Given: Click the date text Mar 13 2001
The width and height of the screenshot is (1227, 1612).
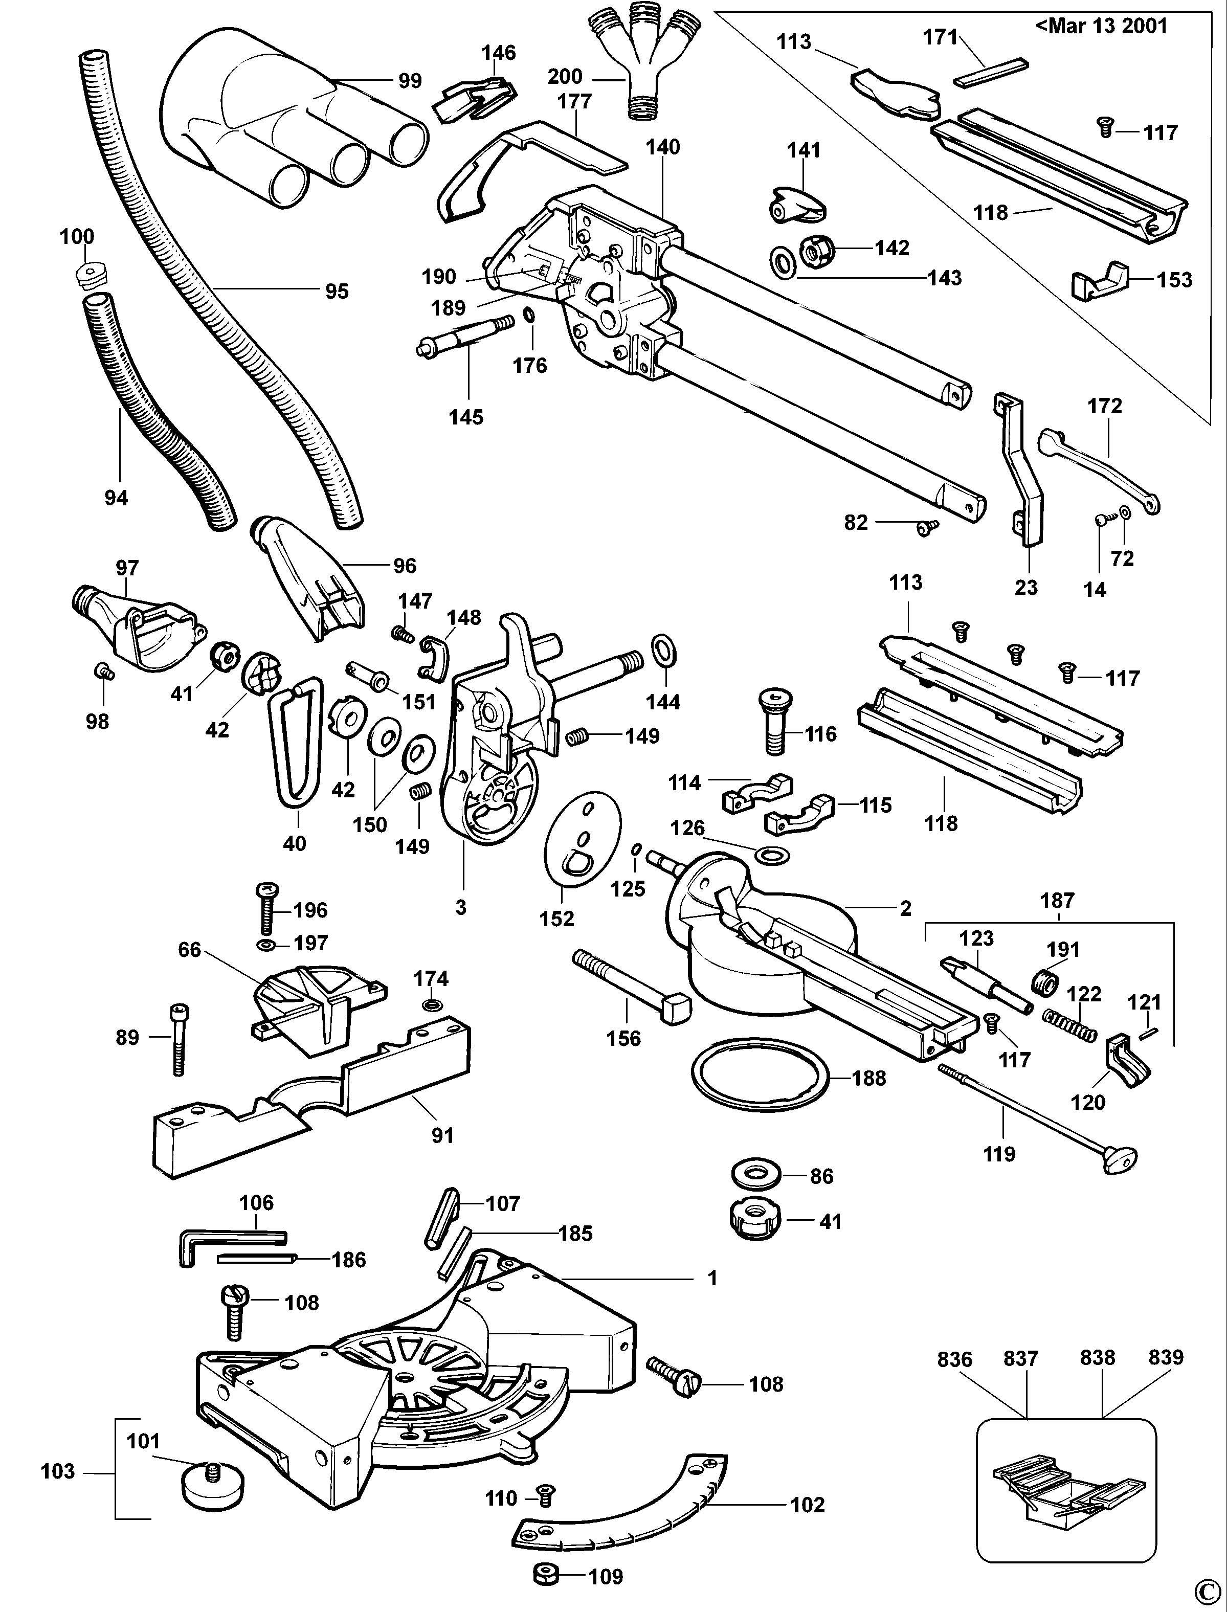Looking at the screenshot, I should [1101, 26].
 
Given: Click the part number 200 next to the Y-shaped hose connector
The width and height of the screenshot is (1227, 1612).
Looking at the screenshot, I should [565, 76].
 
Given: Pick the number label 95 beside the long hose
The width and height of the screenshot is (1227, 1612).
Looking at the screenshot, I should [337, 292].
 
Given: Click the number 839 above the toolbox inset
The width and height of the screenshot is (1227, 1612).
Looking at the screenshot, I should [1165, 1357].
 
